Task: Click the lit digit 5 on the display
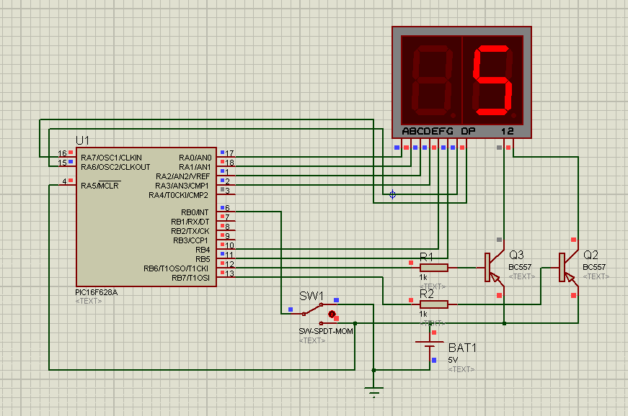[x=492, y=79]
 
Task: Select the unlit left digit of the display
[x=432, y=79]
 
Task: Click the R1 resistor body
[x=434, y=268]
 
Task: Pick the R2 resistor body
[x=434, y=304]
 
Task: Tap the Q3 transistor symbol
[x=493, y=267]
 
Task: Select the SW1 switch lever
[x=312, y=309]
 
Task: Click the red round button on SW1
[x=332, y=314]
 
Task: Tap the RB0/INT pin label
[x=195, y=212]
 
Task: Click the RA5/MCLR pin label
[x=99, y=186]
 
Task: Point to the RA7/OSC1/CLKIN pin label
[x=111, y=158]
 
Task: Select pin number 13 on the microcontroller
[x=229, y=273]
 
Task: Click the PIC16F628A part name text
[x=97, y=292]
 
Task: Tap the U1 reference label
[x=82, y=140]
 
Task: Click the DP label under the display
[x=468, y=131]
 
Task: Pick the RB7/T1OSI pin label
[x=190, y=278]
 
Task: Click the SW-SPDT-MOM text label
[x=326, y=331]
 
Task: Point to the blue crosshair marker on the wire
[x=392, y=194]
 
